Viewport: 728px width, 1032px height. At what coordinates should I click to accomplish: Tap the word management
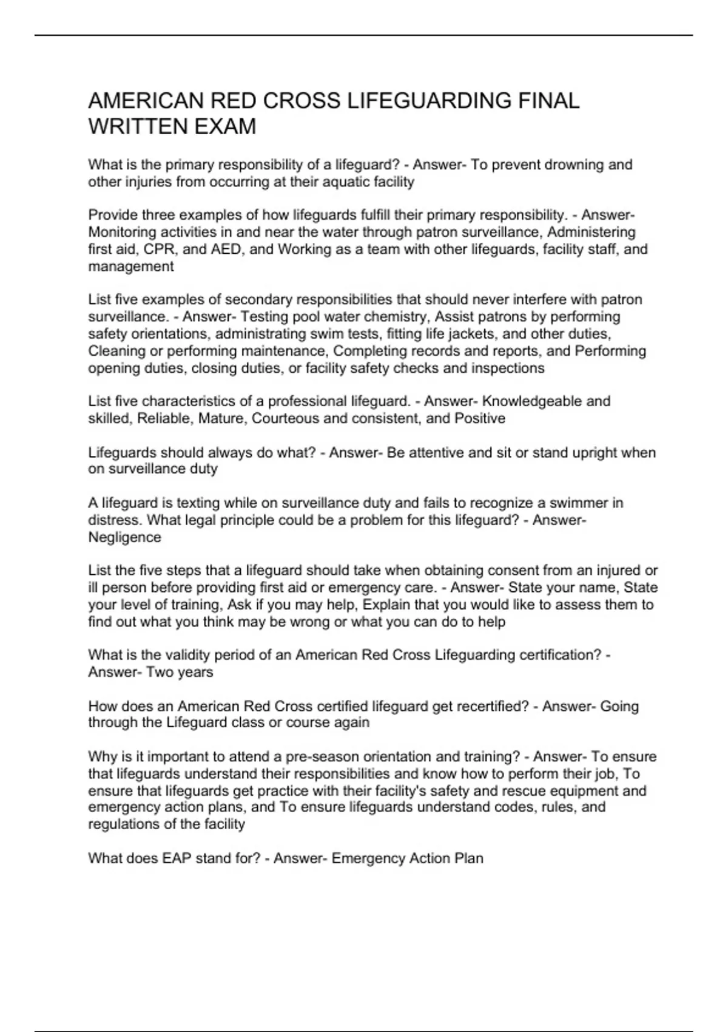coord(131,266)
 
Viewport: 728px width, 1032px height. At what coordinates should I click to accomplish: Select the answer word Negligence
coord(125,537)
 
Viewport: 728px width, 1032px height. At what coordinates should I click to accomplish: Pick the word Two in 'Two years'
coord(160,673)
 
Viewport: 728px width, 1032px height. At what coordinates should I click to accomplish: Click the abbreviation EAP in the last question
coord(177,859)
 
